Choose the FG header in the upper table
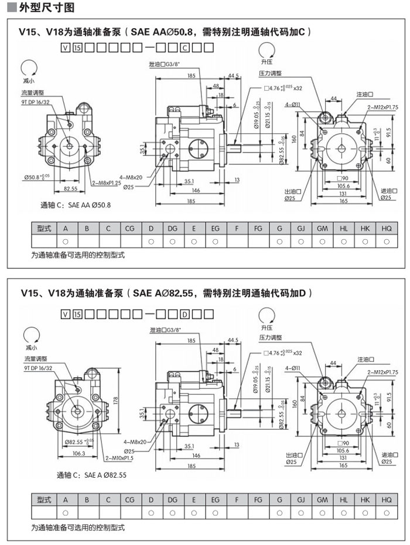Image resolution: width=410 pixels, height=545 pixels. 258,229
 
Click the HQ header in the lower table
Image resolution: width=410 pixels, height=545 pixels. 387,501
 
